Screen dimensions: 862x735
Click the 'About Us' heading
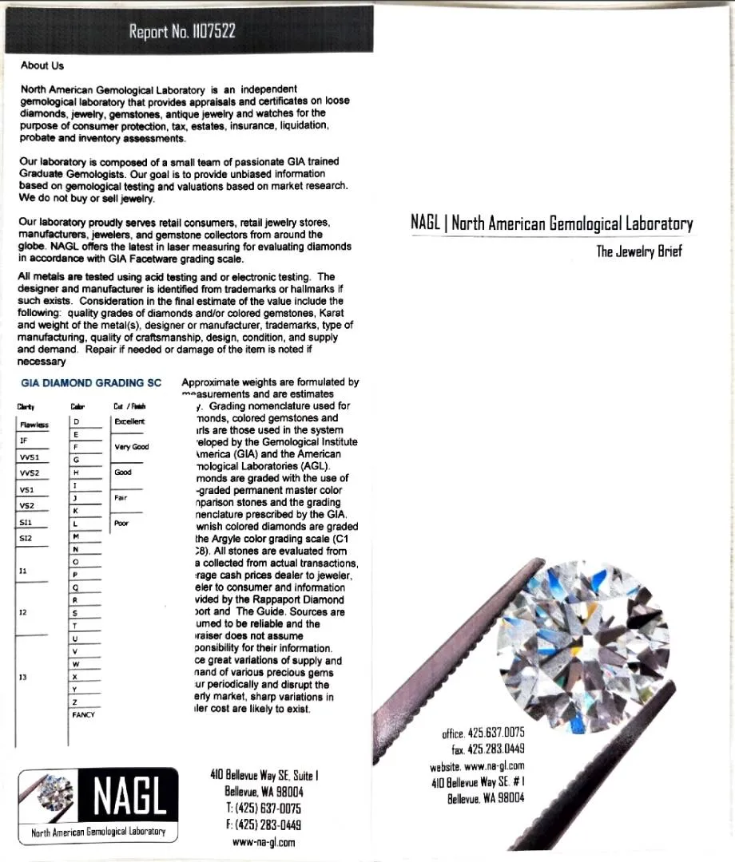pos(42,65)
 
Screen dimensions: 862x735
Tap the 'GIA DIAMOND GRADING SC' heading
pos(91,383)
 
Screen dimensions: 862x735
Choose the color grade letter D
pos(76,421)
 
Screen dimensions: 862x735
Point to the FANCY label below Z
pos(83,715)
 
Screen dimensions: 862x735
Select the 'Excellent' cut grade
pos(130,421)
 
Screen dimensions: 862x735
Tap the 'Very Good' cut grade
pos(131,447)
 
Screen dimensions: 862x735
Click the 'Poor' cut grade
pos(121,524)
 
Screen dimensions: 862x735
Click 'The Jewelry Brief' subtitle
pos(639,252)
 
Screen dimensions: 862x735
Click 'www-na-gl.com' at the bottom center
pos(264,841)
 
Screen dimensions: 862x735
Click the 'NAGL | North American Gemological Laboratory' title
pos(551,223)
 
